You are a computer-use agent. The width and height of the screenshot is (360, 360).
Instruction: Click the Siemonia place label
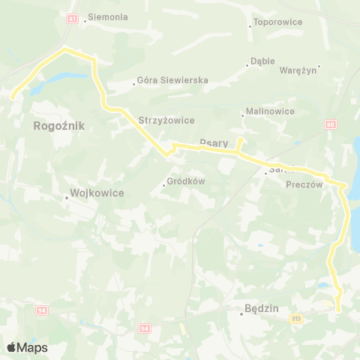[x=108, y=16]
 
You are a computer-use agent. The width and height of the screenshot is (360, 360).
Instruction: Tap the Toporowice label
[x=278, y=22]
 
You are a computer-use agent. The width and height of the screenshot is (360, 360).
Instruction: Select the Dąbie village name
[x=263, y=61]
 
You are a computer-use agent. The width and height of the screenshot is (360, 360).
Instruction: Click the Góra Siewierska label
[x=172, y=80]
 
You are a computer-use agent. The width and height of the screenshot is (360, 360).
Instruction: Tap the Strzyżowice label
[x=166, y=119]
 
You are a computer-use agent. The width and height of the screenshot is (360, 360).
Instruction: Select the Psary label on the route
[x=214, y=141]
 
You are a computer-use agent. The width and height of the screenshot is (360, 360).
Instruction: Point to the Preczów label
[x=304, y=184]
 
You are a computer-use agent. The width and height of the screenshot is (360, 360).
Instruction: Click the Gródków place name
[x=186, y=181]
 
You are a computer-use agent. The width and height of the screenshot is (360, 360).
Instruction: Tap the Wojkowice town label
[x=97, y=193]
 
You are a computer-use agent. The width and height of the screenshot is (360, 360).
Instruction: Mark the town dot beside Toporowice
[x=250, y=26]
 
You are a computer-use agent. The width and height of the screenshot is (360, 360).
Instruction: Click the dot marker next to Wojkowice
[x=66, y=198]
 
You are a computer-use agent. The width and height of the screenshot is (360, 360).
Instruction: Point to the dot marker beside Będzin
[x=241, y=313]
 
